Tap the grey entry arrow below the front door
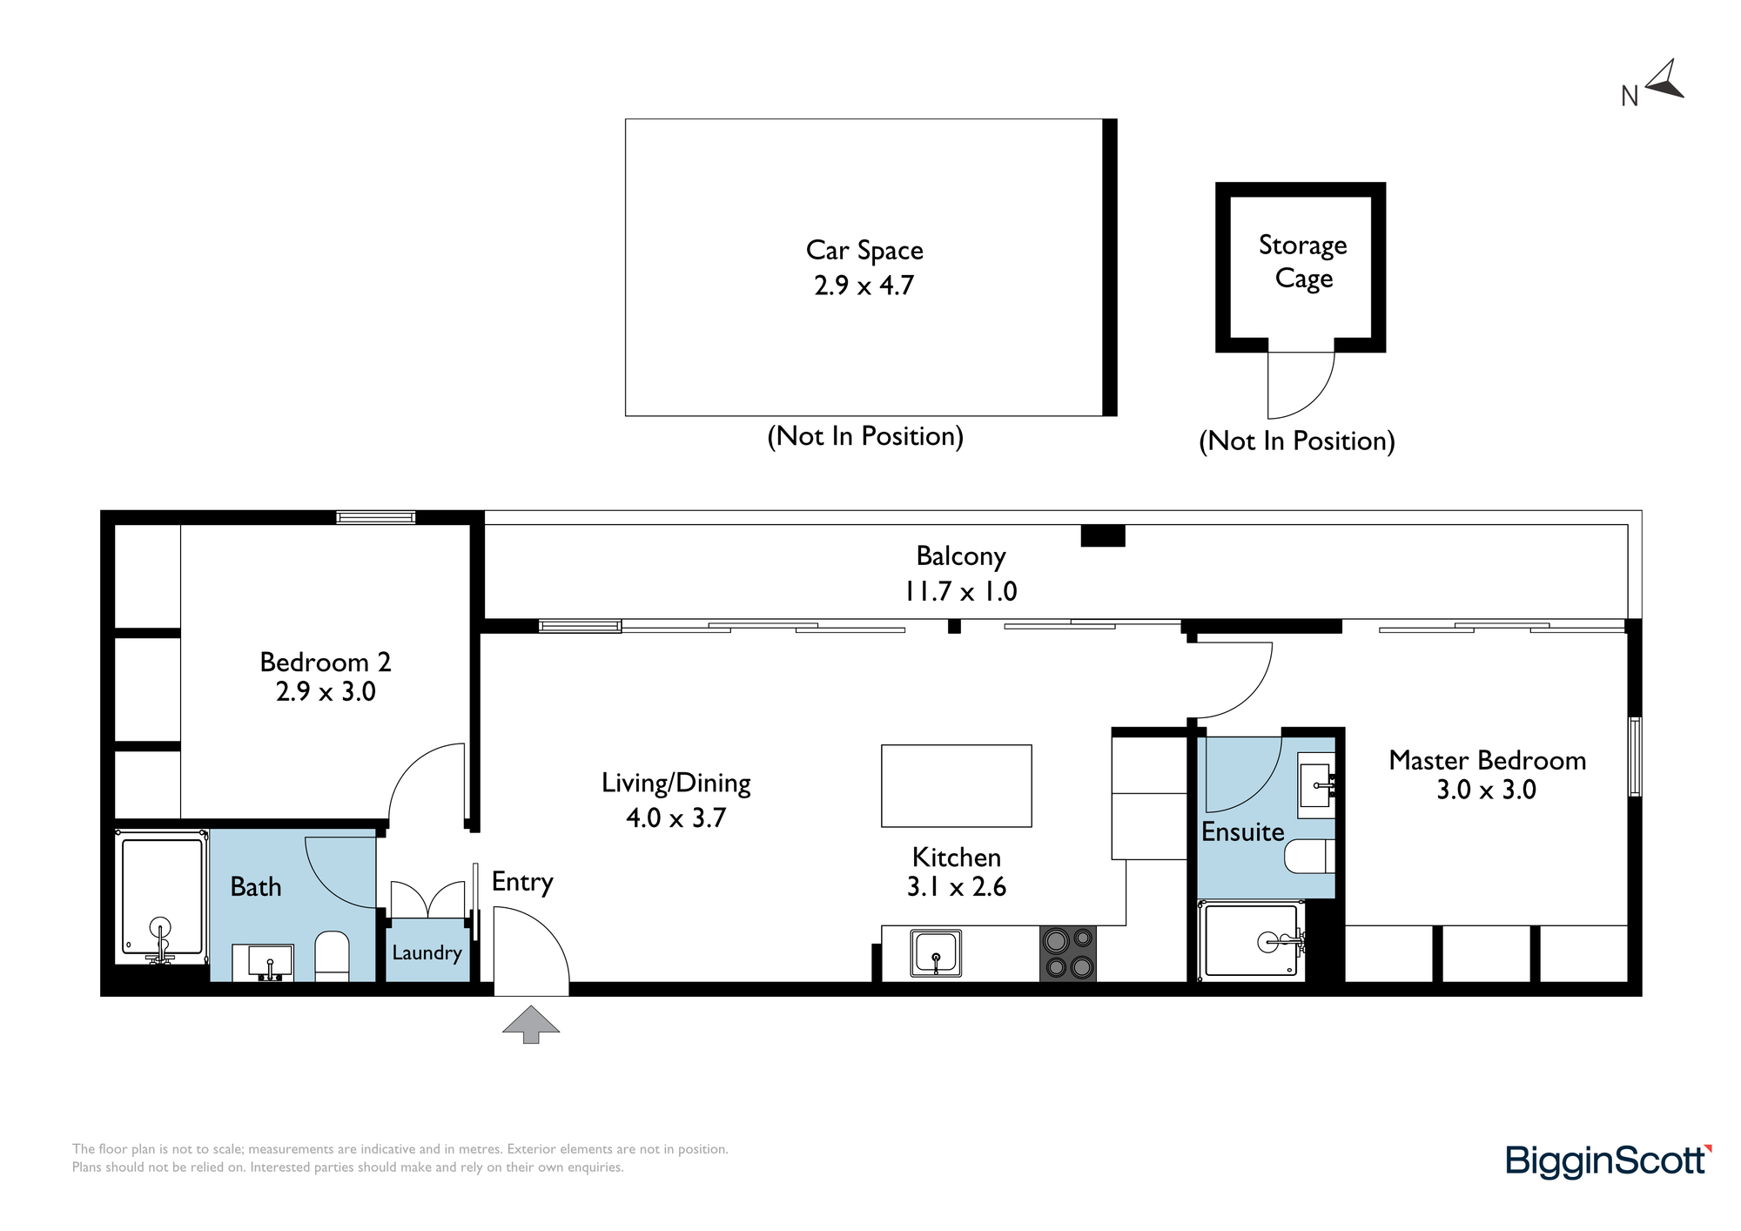tap(531, 1024)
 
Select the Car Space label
tap(864, 250)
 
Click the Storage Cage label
tap(1303, 261)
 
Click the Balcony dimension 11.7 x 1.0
tap(961, 591)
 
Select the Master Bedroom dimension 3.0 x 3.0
tap(1486, 790)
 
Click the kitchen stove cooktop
tap(1068, 953)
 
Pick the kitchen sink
tap(936, 952)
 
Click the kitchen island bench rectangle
tap(957, 785)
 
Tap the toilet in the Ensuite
tap(1310, 856)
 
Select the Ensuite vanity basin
tap(1316, 785)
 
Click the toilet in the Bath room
tap(332, 957)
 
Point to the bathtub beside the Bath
tap(162, 897)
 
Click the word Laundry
tap(427, 952)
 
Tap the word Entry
tap(522, 882)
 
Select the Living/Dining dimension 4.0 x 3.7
tap(676, 817)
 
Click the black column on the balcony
tap(1103, 535)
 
